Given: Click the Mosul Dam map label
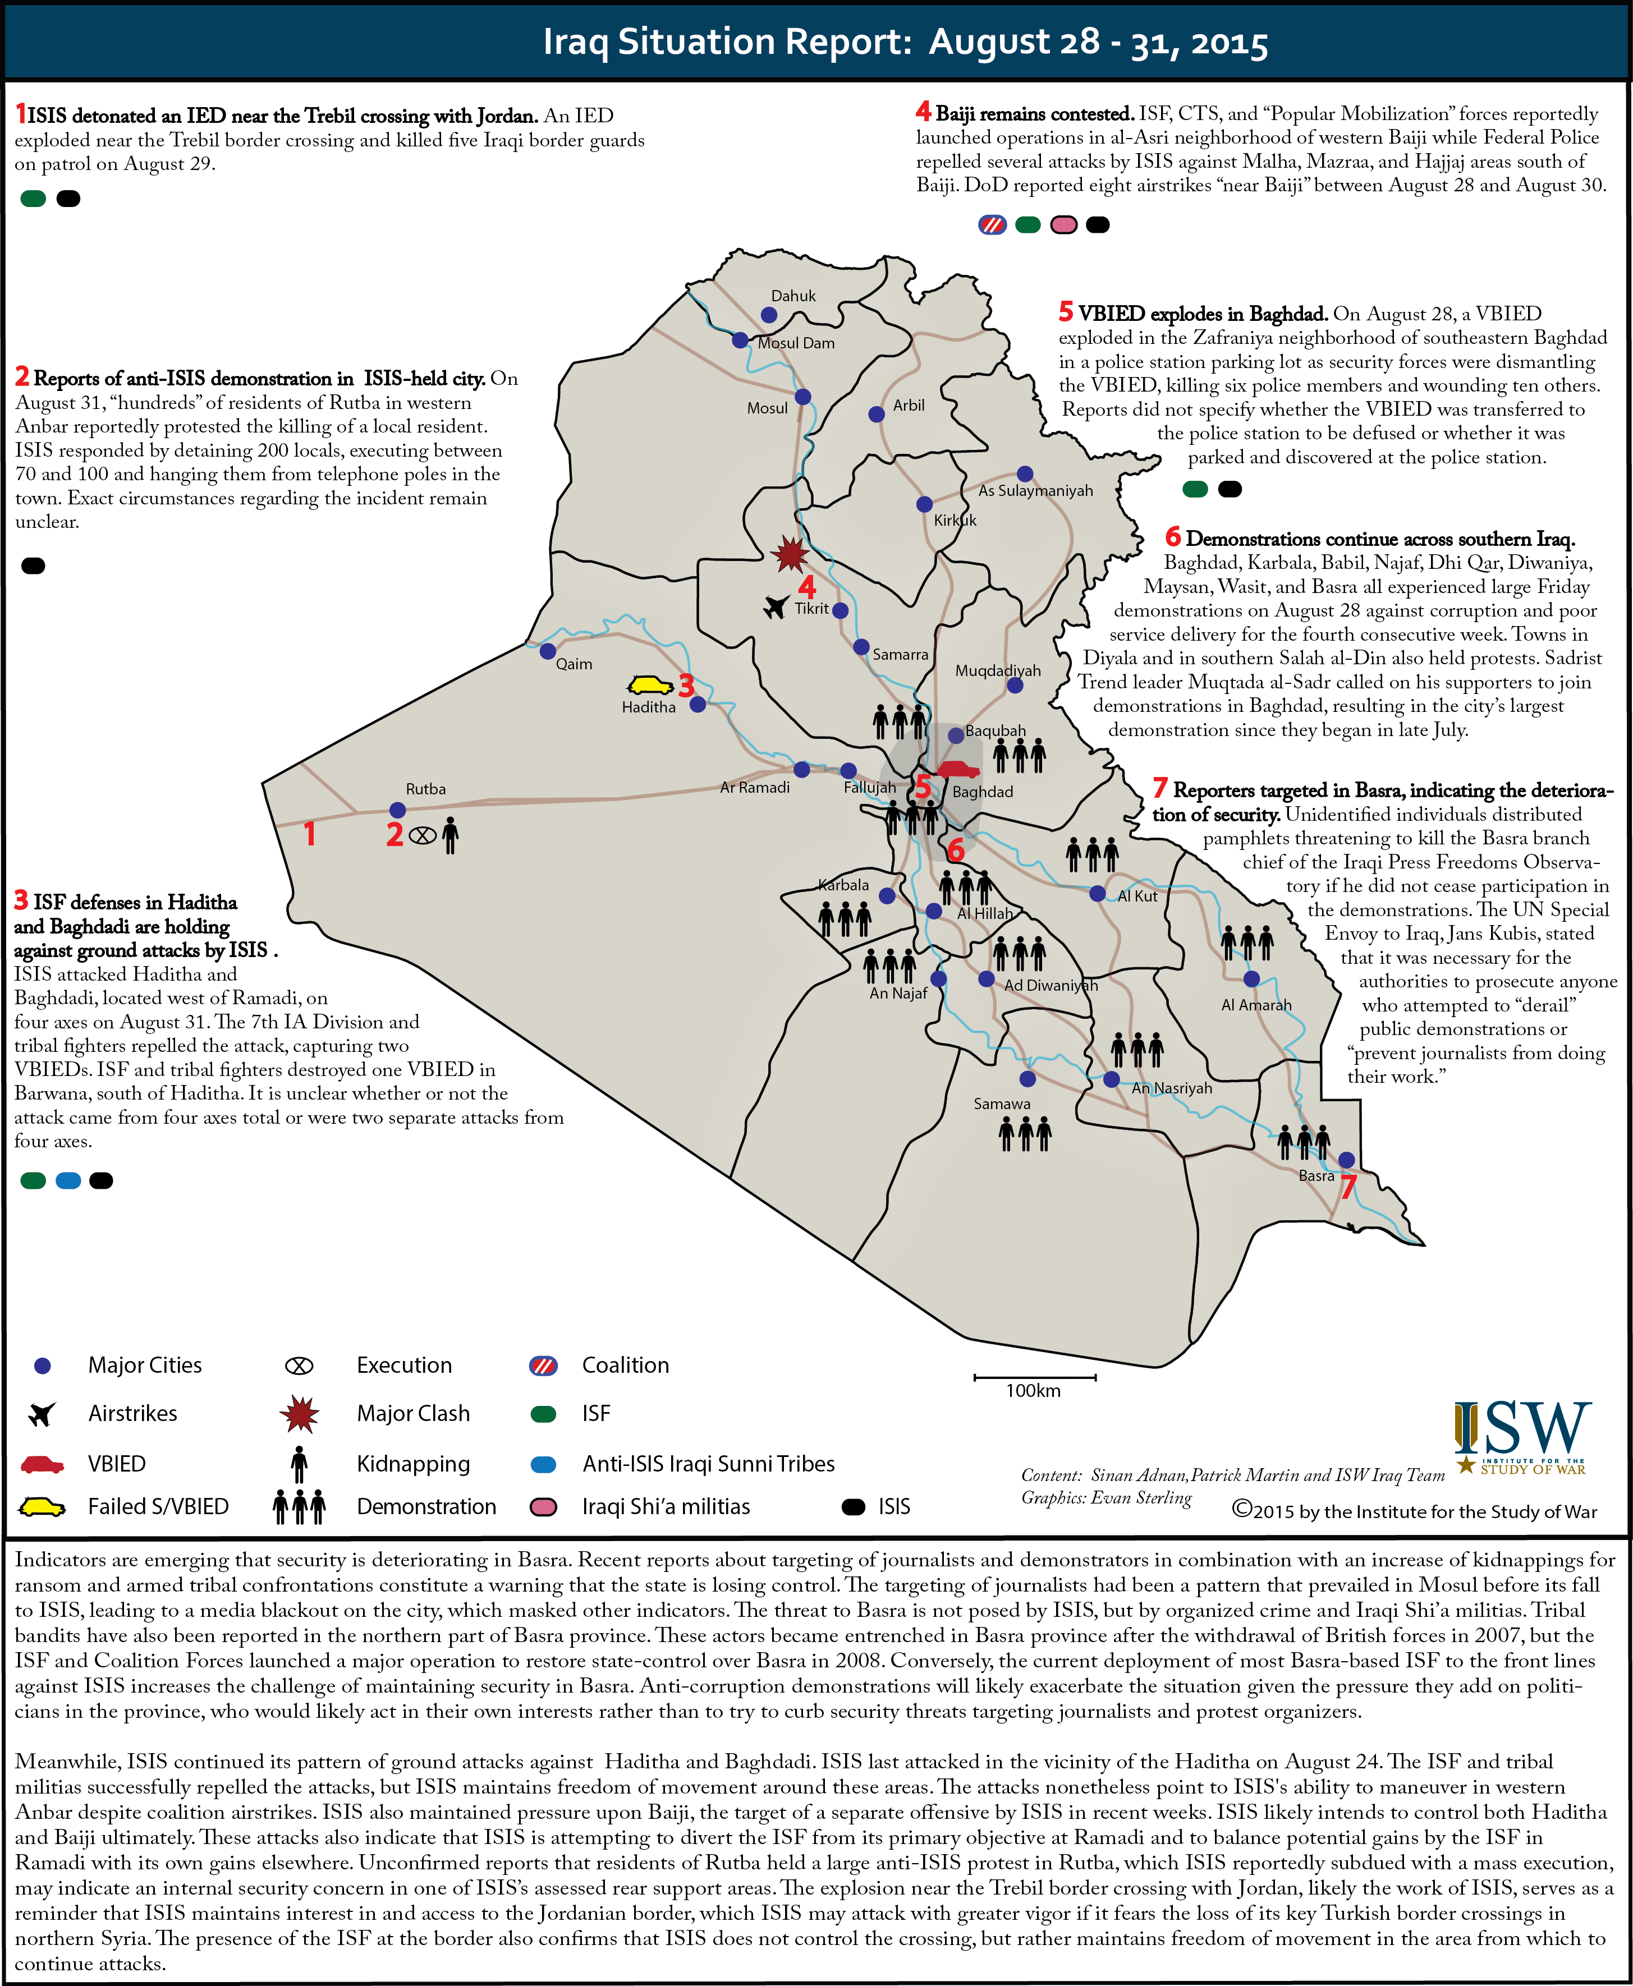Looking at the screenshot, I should pyautogui.click(x=796, y=343).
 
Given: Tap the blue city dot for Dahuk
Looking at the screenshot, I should pyautogui.click(x=769, y=315).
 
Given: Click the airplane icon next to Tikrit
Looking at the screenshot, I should pyautogui.click(x=776, y=608).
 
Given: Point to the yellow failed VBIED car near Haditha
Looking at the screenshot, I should pyautogui.click(x=650, y=686).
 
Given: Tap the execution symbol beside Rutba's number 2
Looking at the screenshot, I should pyautogui.click(x=423, y=834).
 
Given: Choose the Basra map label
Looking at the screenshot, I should pyautogui.click(x=1316, y=1175).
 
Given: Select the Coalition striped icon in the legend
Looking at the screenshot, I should pyautogui.click(x=544, y=1366).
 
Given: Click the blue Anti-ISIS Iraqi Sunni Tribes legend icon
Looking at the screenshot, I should pyautogui.click(x=544, y=1464).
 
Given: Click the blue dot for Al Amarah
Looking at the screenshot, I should pyautogui.click(x=1251, y=979).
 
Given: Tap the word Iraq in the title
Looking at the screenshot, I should pyautogui.click(x=576, y=42).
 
